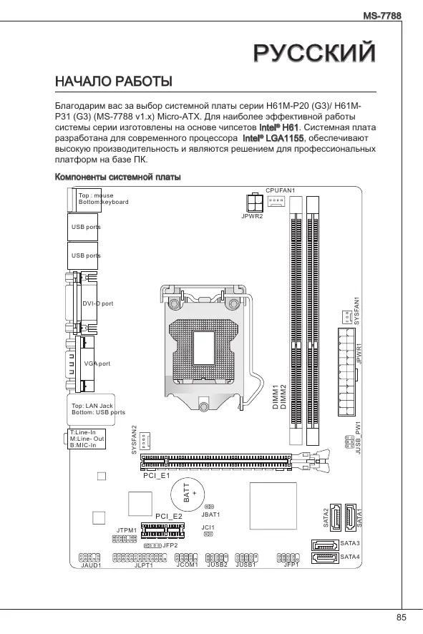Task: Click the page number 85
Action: [401, 618]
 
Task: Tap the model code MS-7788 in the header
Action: [382, 16]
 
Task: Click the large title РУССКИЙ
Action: [315, 52]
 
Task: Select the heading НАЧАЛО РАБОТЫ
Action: [114, 82]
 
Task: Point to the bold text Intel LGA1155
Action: [273, 138]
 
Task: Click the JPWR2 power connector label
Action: [252, 216]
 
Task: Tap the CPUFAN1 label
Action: [281, 190]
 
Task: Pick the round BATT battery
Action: [188, 494]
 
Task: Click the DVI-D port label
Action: [98, 303]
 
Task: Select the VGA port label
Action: [97, 364]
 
